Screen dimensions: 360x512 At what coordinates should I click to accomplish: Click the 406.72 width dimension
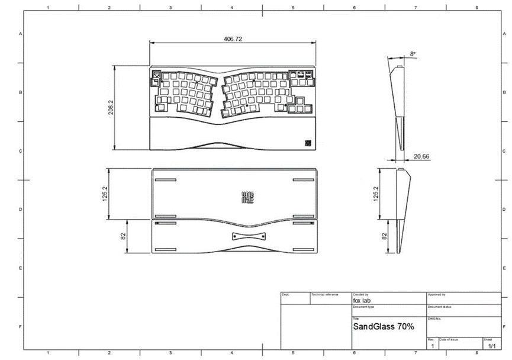click(233, 38)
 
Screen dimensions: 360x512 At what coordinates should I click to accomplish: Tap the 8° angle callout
click(413, 54)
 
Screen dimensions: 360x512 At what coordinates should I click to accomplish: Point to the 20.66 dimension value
click(421, 156)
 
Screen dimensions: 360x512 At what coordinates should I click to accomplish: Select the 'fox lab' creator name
click(362, 300)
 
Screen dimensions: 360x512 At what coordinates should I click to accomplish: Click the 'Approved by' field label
click(436, 294)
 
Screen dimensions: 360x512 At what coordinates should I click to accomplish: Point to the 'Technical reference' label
click(324, 294)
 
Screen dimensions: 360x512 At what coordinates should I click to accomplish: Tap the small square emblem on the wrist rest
click(308, 142)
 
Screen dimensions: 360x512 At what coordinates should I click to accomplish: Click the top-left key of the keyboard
click(156, 75)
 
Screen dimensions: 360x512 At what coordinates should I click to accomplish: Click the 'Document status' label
click(440, 307)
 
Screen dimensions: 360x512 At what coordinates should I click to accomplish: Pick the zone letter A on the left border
click(21, 34)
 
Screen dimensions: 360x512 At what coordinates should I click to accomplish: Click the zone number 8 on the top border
click(476, 8)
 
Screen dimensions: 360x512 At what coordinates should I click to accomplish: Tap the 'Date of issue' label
click(448, 339)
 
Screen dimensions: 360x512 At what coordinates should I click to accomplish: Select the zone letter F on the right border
click(503, 326)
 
